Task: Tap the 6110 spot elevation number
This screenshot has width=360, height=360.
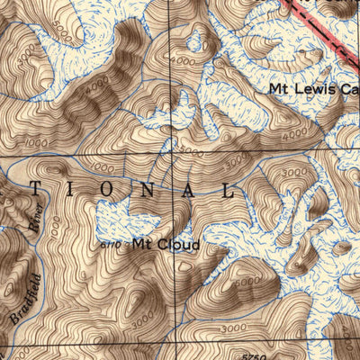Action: pos(110,243)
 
